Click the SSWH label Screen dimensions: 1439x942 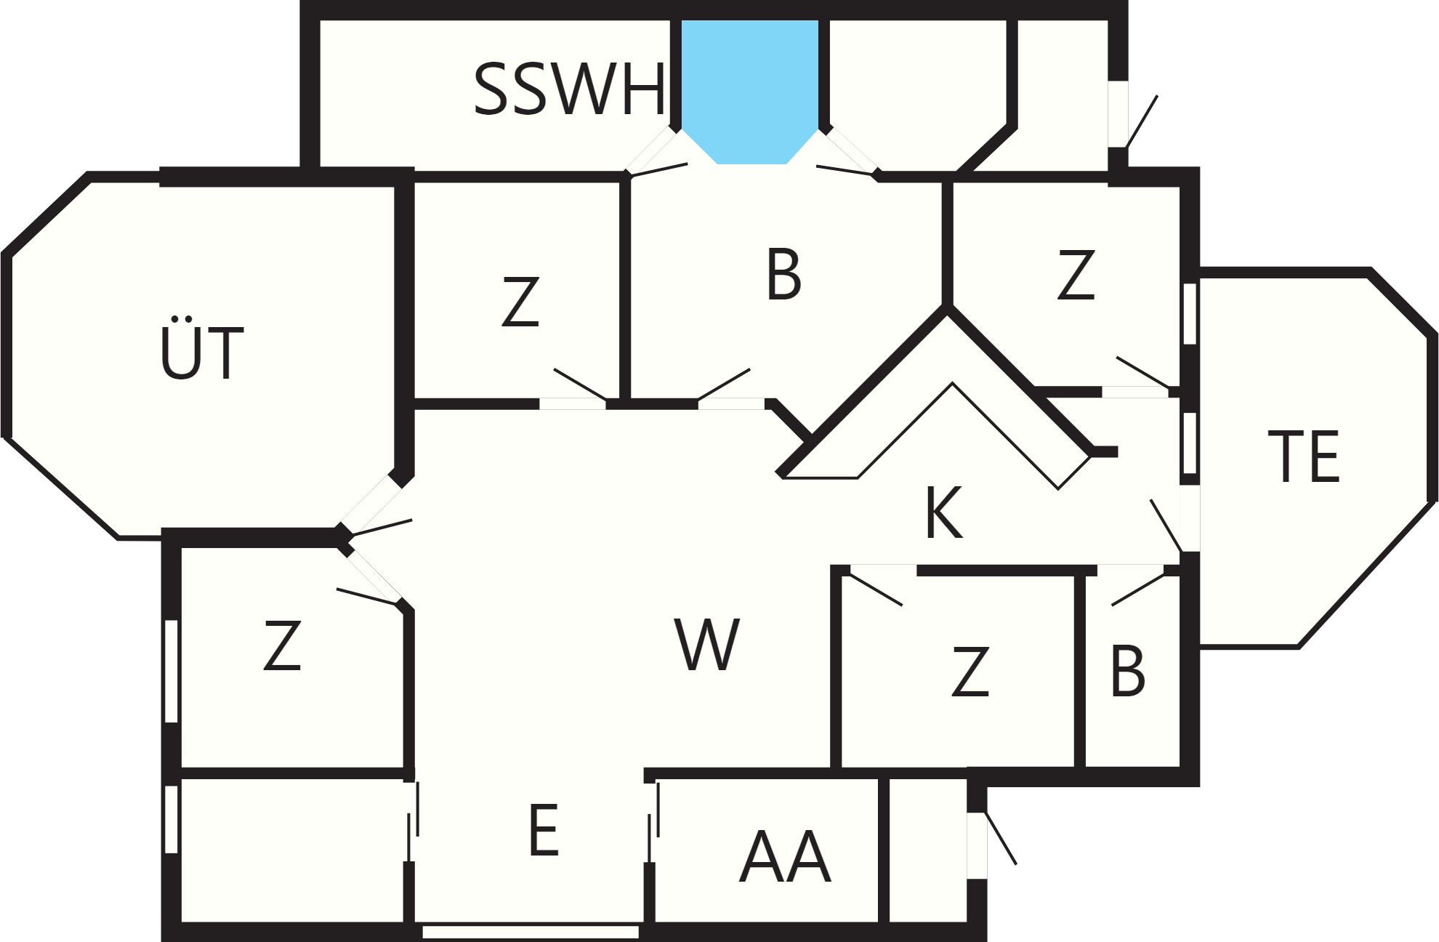pyautogui.click(x=569, y=89)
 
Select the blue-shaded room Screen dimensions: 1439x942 pyautogui.click(x=750, y=87)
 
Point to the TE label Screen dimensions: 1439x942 pyautogui.click(x=1303, y=456)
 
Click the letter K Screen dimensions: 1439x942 pyautogui.click(x=944, y=512)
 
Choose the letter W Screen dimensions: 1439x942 pyautogui.click(x=706, y=644)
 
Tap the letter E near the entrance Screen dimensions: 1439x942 pyautogui.click(x=544, y=830)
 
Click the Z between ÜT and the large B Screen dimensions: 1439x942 pyautogui.click(x=520, y=301)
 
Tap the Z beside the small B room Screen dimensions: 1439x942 pyautogui.click(x=970, y=672)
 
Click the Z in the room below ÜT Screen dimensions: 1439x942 pyautogui.click(x=282, y=645)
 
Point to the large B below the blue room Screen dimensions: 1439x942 pyautogui.click(x=783, y=274)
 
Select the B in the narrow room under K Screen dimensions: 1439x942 pyautogui.click(x=1127, y=672)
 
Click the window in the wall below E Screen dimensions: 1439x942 pyautogui.click(x=531, y=931)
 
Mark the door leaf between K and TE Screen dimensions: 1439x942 pyautogui.click(x=1166, y=526)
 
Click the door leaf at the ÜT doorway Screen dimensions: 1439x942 pyautogui.click(x=381, y=528)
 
